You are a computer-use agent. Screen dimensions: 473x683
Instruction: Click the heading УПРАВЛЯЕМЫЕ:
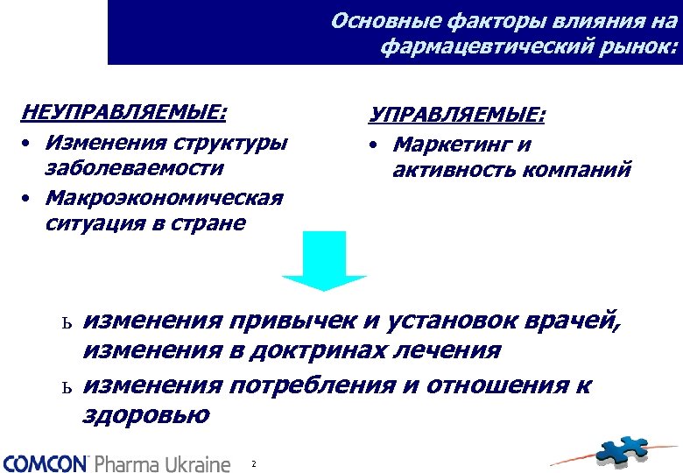[x=456, y=116]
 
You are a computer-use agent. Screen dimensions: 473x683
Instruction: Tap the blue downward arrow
[x=324, y=261]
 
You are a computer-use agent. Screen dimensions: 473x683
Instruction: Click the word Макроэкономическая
[x=164, y=196]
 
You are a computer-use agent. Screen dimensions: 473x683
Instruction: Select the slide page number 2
[x=253, y=462]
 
